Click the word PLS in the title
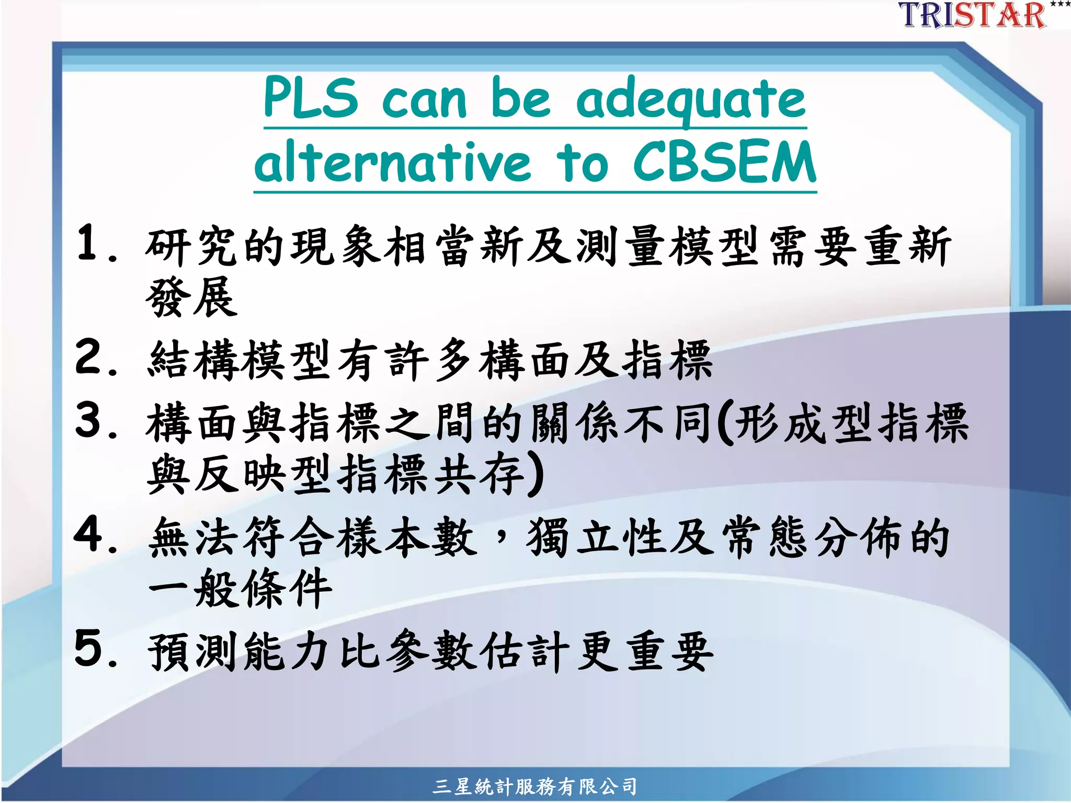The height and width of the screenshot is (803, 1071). (311, 98)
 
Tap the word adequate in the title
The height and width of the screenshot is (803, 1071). (691, 100)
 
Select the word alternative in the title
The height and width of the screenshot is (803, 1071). (392, 162)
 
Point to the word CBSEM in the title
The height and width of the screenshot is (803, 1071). (724, 162)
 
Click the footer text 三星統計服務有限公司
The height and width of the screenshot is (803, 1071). (535, 786)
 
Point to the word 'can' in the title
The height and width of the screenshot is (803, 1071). (424, 100)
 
